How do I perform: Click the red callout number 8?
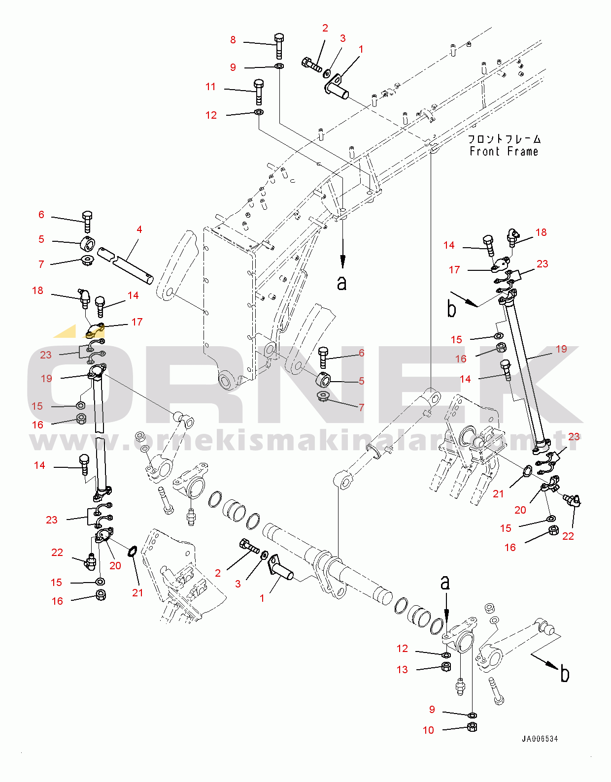click(233, 40)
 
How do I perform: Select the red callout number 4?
click(139, 229)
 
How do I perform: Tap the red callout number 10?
click(428, 730)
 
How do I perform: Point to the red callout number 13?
click(402, 670)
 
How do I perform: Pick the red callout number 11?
click(211, 87)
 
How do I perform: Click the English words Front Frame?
click(504, 152)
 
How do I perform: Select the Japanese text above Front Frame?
click(504, 139)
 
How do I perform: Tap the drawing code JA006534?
click(540, 739)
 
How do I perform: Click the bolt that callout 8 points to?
click(278, 45)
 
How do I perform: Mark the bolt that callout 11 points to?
click(259, 91)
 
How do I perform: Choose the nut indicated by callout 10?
click(472, 727)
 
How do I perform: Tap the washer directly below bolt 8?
click(278, 66)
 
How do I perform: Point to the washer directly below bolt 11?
click(259, 112)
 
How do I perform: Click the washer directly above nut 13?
click(445, 655)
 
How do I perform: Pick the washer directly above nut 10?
click(472, 715)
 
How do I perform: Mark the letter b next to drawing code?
click(565, 674)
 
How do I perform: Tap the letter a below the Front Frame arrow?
click(342, 283)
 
